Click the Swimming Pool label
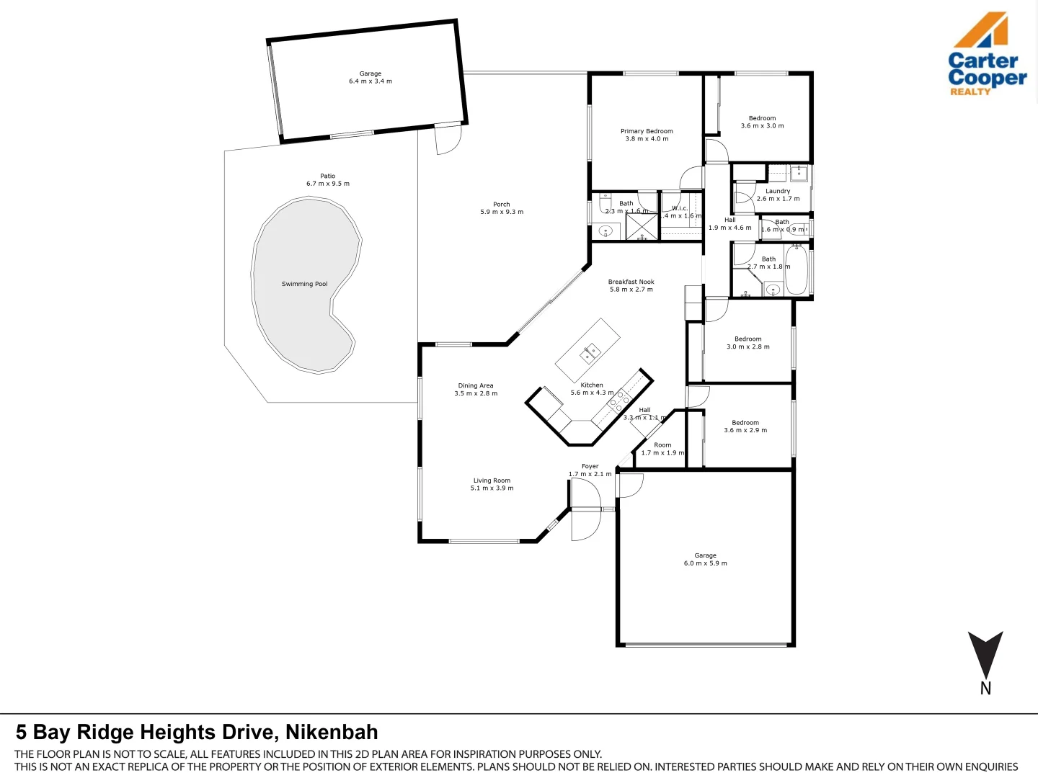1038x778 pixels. [x=304, y=284]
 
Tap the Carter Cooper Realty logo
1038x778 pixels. [x=986, y=55]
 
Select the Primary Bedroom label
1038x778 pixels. [x=647, y=131]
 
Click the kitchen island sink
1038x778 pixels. [x=590, y=354]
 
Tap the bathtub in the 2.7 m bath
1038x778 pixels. [x=796, y=269]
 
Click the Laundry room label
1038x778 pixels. [x=778, y=191]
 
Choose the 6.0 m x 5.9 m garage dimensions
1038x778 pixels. [x=705, y=563]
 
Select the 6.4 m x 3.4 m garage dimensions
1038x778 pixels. [x=371, y=81]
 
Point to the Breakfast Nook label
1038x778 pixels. [x=631, y=282]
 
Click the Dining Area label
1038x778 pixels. [x=476, y=385]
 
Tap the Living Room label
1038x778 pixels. [x=492, y=480]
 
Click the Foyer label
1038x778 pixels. [x=590, y=466]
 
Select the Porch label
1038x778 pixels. [x=502, y=205]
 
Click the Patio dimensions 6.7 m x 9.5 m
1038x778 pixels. [x=328, y=184]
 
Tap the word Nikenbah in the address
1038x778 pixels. [x=332, y=733]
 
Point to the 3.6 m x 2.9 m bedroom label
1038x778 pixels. [x=745, y=423]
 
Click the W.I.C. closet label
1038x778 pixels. [x=680, y=208]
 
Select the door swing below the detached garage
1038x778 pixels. [x=448, y=140]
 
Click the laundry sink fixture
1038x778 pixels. [x=799, y=173]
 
